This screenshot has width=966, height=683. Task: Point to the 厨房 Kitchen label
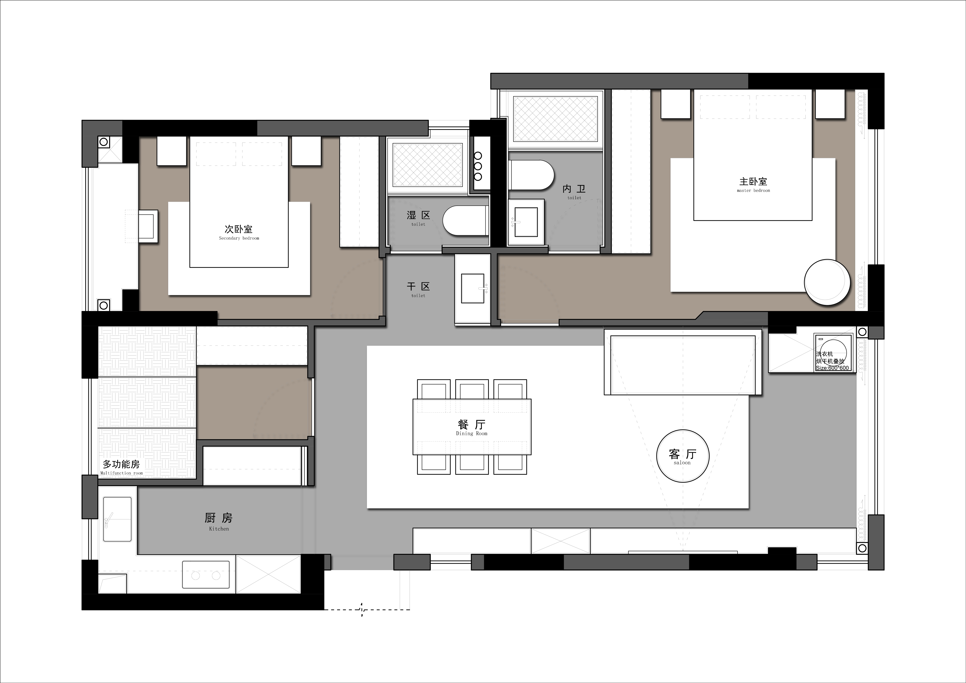(x=219, y=521)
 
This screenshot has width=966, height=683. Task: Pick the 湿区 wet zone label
(x=418, y=218)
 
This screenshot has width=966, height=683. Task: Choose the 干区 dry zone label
(x=418, y=289)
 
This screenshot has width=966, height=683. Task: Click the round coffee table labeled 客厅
(x=682, y=456)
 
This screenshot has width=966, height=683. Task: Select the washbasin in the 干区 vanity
(x=473, y=288)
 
